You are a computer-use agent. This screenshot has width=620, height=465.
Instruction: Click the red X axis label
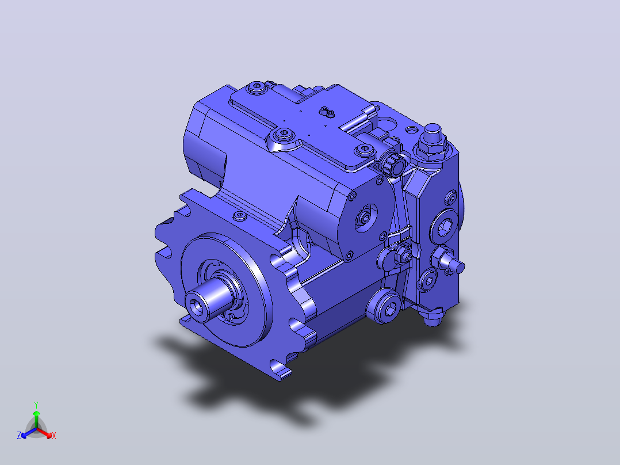[x=54, y=436]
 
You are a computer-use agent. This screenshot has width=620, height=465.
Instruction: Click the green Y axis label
[x=36, y=405]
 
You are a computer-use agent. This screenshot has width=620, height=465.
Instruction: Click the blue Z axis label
[x=19, y=435]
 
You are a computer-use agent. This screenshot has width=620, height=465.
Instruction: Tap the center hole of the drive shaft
[x=196, y=306]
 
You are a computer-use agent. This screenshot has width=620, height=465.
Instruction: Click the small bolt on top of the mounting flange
[x=240, y=216]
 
